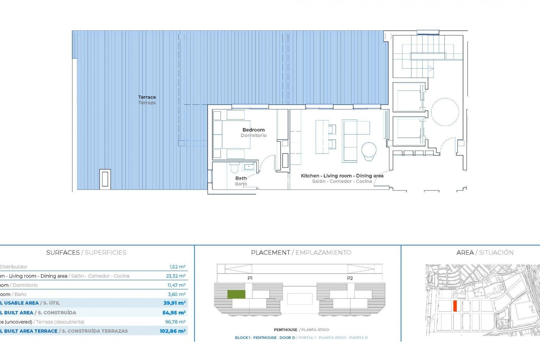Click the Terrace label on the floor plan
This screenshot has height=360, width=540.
pyautogui.click(x=147, y=97)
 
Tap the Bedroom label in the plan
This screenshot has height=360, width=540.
pyautogui.click(x=253, y=130)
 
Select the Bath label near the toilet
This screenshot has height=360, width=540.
pyautogui.click(x=241, y=178)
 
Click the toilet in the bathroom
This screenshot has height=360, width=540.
pyautogui.click(x=234, y=168)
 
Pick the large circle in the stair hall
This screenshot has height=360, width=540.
pyautogui.click(x=445, y=112)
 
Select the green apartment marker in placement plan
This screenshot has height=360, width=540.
pyautogui.click(x=236, y=294)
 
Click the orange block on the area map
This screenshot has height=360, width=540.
pyautogui.click(x=455, y=306)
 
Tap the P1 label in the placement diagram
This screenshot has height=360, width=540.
pyautogui.click(x=250, y=278)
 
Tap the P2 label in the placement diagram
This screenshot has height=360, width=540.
pyautogui.click(x=350, y=278)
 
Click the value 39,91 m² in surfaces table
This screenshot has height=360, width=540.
pyautogui.click(x=174, y=303)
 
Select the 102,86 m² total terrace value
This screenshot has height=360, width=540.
pyautogui.click(x=172, y=331)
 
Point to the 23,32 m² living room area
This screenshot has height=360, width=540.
pyautogui.click(x=175, y=276)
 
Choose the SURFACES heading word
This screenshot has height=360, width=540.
pyautogui.click(x=63, y=253)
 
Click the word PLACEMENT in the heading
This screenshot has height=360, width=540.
pyautogui.click(x=270, y=253)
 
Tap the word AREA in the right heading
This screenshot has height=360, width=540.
pyautogui.click(x=465, y=253)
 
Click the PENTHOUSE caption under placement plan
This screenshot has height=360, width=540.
pyautogui.click(x=285, y=330)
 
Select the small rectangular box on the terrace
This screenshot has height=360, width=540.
pyautogui.click(x=105, y=179)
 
